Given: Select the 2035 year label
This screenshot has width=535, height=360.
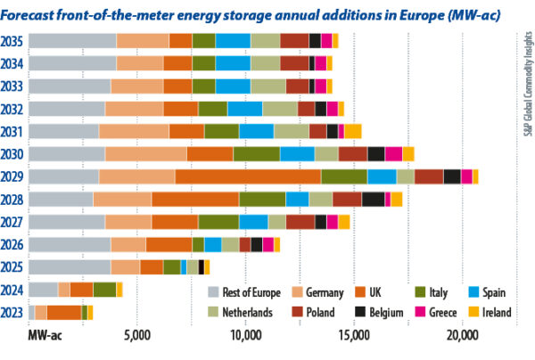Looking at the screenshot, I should pyautogui.click(x=13, y=40).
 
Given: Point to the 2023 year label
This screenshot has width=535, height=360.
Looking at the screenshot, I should pyautogui.click(x=13, y=312).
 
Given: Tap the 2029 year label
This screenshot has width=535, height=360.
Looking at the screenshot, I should pyautogui.click(x=13, y=176).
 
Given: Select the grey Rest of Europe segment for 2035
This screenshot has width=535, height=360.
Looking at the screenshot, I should pyautogui.click(x=72, y=40).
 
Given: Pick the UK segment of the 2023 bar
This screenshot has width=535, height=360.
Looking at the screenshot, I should pyautogui.click(x=64, y=312).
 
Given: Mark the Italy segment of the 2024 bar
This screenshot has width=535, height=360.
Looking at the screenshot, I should pyautogui.click(x=104, y=290).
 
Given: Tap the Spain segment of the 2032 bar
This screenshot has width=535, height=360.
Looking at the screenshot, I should pyautogui.click(x=244, y=108).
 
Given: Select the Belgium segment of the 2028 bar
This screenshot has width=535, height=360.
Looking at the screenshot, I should pyautogui.click(x=373, y=199).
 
